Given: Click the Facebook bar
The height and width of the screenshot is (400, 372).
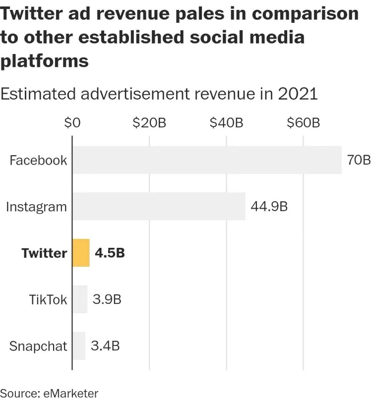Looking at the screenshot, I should pos(207,160).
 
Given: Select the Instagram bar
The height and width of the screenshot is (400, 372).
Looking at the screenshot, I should pos(159,206).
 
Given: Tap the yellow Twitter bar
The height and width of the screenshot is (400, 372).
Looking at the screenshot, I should pos(81,253).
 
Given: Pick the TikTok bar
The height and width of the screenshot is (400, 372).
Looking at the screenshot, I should pos(80,299).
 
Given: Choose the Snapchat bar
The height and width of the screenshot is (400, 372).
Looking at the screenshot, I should pos(79,345).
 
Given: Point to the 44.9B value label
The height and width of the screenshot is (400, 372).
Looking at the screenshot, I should pos(269,206).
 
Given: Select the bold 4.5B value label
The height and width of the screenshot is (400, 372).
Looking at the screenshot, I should pos(110,253).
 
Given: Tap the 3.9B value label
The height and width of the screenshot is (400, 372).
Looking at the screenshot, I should pos(107,299).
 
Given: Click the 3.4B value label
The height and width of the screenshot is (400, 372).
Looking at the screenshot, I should pos(105,345).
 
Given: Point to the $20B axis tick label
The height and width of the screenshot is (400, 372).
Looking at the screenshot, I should pos(149,123).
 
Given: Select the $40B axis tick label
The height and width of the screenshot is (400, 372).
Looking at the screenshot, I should pos(226,123).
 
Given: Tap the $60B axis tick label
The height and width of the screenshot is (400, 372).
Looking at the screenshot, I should pos(303,123).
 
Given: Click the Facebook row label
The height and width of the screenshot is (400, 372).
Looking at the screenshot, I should pos(38,160).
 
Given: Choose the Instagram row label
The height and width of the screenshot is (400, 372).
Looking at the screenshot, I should pos(36,206).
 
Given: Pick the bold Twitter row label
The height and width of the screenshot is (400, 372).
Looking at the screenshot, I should pos(44,253).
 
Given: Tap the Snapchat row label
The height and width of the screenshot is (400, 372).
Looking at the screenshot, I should pos(38,346).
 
